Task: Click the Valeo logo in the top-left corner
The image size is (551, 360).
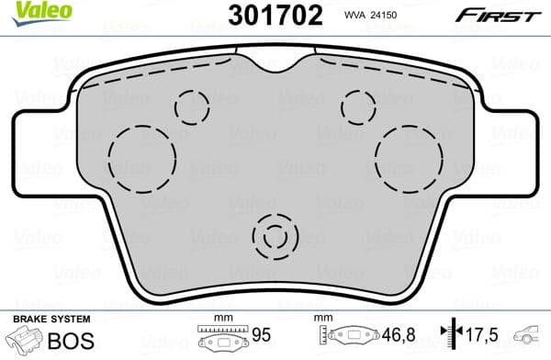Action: point(30,12)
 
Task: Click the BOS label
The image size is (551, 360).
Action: point(66,339)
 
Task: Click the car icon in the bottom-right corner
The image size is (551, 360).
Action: point(530,337)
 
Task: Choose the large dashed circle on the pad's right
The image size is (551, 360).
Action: point(410,158)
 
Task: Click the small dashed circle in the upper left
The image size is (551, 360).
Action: point(192,107)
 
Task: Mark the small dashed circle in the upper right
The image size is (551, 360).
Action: point(359,107)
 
